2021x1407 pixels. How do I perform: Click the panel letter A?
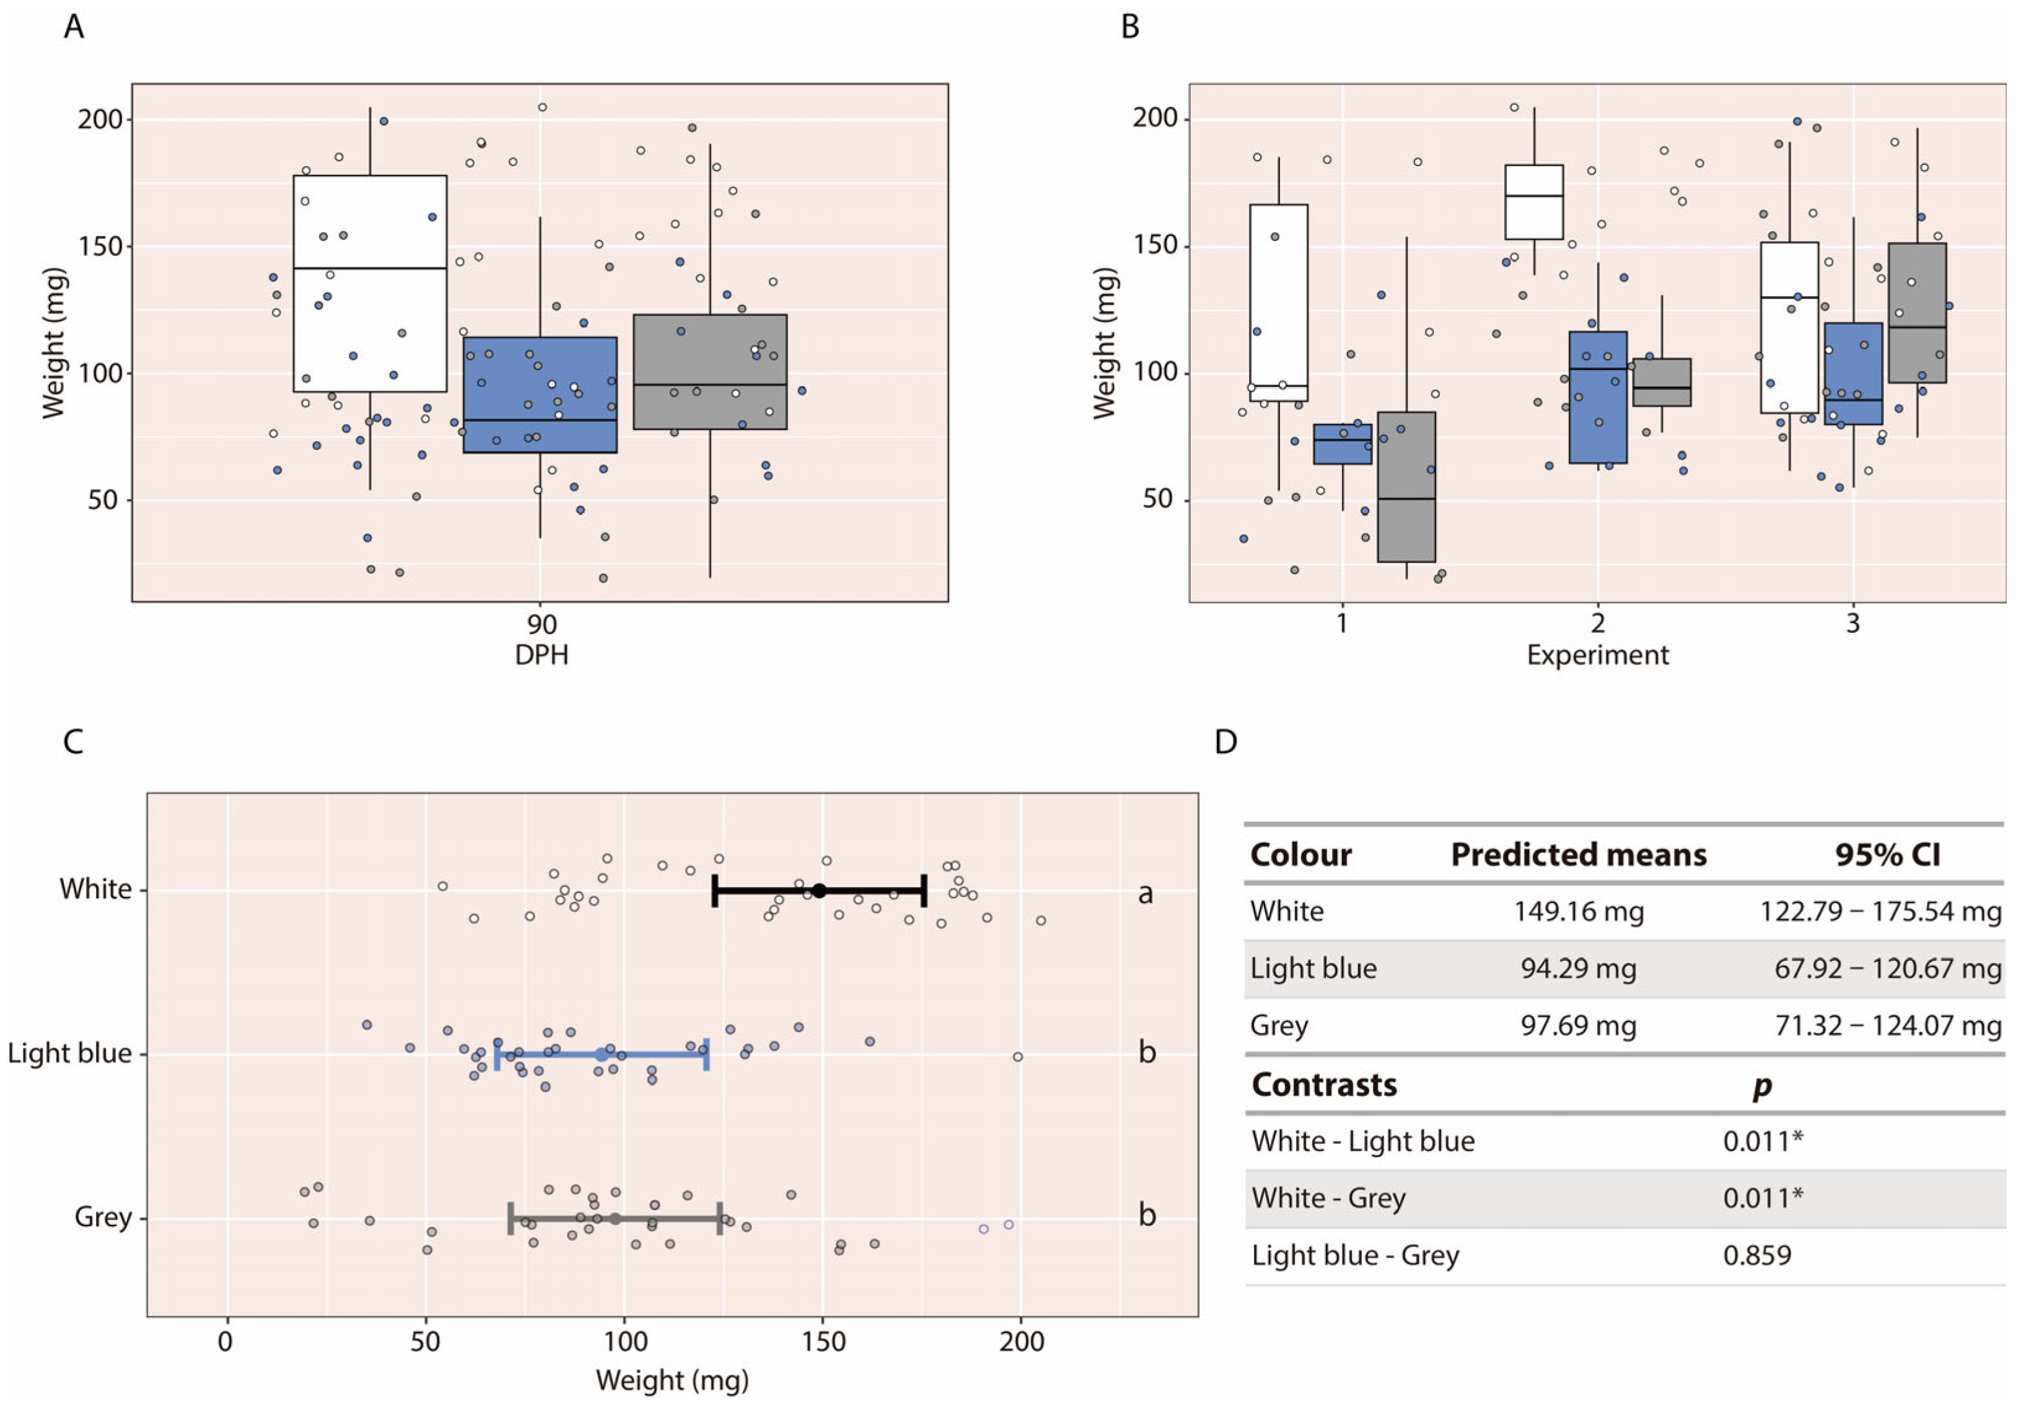point(74,27)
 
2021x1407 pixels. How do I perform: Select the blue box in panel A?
point(540,394)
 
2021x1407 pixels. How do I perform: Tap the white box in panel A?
point(370,283)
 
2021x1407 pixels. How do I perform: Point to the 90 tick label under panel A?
point(541,624)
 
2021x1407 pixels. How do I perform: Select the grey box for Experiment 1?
point(1406,487)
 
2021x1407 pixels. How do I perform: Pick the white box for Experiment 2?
point(1533,201)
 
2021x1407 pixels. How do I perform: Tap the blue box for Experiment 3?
point(1853,373)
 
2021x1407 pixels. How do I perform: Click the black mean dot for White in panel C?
point(818,891)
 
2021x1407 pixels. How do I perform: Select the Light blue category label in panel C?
point(69,1053)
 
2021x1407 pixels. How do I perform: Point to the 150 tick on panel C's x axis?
point(823,1342)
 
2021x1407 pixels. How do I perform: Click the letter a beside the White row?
point(1145,894)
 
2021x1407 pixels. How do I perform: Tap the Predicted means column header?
point(1578,854)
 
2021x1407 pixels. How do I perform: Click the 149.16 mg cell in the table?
point(1578,911)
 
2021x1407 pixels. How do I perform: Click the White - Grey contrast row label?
point(1328,1197)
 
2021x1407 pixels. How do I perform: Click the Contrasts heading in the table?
point(1324,1085)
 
